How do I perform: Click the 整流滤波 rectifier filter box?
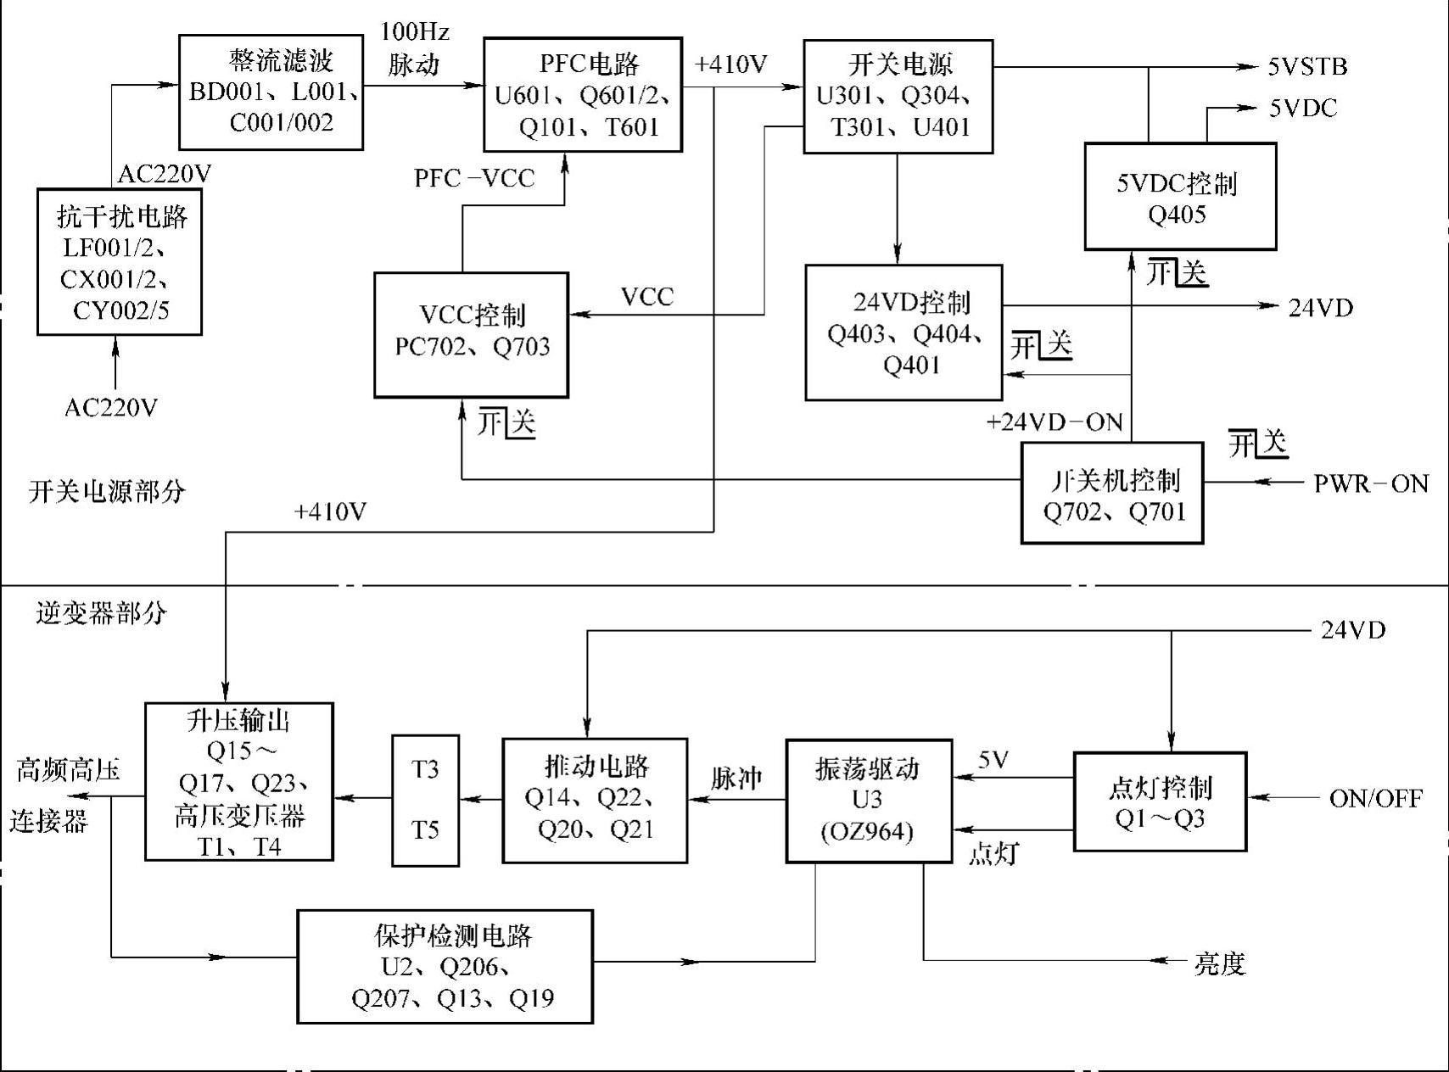point(271,92)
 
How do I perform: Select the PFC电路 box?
point(583,95)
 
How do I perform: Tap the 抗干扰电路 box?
point(120,262)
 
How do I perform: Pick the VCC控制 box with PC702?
point(472,334)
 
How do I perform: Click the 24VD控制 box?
point(904,332)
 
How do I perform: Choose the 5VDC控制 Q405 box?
point(1180,197)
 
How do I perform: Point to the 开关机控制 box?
point(1112,493)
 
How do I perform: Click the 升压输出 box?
point(239,782)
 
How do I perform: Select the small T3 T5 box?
point(425,800)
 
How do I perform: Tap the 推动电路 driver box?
point(595,801)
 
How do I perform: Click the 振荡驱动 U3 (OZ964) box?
point(869,801)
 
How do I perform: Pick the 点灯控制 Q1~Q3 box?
point(1160,801)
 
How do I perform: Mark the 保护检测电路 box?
point(445,967)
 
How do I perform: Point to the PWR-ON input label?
point(1371,483)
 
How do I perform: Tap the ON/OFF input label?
point(1375,799)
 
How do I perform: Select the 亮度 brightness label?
point(1220,963)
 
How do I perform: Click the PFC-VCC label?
point(474,178)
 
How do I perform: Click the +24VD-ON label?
point(1055,422)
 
